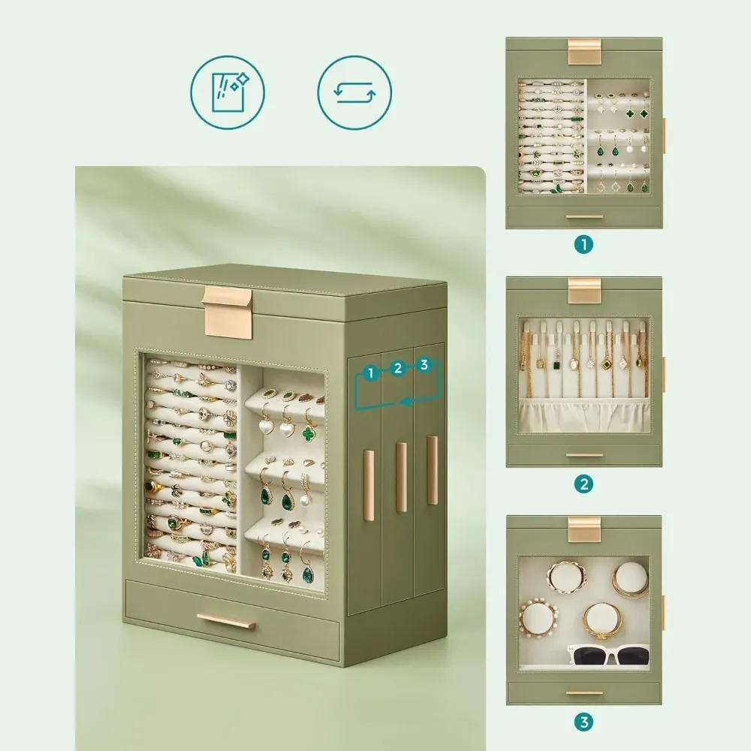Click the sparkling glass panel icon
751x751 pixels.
pyautogui.click(x=228, y=92)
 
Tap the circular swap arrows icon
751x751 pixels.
pyautogui.click(x=354, y=92)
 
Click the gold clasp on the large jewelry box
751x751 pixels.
pyautogui.click(x=227, y=311)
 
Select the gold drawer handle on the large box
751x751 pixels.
pyautogui.click(x=225, y=622)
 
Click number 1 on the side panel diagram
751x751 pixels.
pyautogui.click(x=370, y=373)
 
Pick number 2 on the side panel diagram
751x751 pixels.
pyautogui.click(x=397, y=368)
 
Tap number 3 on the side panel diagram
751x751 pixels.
pyautogui.click(x=424, y=365)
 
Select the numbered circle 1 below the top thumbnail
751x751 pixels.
pyautogui.click(x=584, y=245)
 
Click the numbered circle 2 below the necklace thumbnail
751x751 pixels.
pyautogui.click(x=584, y=484)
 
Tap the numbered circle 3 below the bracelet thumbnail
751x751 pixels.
pyautogui.click(x=584, y=722)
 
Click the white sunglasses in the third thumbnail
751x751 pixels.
pyautogui.click(x=608, y=655)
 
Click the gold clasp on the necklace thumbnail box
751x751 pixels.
pyautogui.click(x=584, y=290)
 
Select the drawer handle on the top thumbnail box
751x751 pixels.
pyautogui.click(x=584, y=216)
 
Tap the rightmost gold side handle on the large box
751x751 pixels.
pyautogui.click(x=432, y=470)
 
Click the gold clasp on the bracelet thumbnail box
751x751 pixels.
pyautogui.click(x=584, y=529)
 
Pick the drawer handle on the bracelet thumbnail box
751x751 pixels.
pyautogui.click(x=584, y=692)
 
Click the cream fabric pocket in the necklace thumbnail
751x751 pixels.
pyautogui.click(x=584, y=415)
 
